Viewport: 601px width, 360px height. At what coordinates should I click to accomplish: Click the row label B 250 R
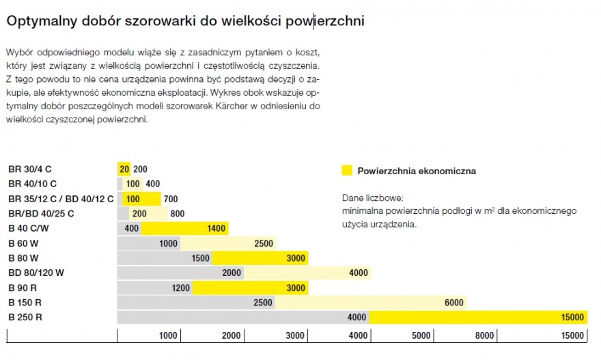[25, 317]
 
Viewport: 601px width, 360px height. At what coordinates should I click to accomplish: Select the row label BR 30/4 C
[30, 169]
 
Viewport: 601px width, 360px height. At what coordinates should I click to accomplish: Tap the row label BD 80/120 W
[36, 273]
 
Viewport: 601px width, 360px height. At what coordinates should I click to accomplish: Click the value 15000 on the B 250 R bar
[572, 317]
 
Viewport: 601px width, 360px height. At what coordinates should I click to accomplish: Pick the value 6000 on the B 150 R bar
[453, 303]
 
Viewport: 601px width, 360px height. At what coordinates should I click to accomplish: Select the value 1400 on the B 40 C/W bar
[216, 228]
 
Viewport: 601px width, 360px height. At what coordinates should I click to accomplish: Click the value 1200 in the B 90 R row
[181, 288]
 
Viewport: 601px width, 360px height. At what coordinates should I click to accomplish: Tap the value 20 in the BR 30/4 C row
[124, 169]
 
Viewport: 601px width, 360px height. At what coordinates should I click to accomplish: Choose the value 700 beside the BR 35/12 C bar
[171, 199]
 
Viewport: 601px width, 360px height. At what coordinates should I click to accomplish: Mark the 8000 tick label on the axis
[485, 335]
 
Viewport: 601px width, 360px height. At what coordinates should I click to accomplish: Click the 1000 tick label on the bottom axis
[168, 335]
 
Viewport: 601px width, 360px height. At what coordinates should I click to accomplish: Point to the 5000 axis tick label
[421, 335]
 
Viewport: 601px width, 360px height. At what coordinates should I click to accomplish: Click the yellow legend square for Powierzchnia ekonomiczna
[347, 171]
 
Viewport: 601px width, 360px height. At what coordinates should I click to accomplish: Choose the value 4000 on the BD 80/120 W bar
[359, 273]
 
